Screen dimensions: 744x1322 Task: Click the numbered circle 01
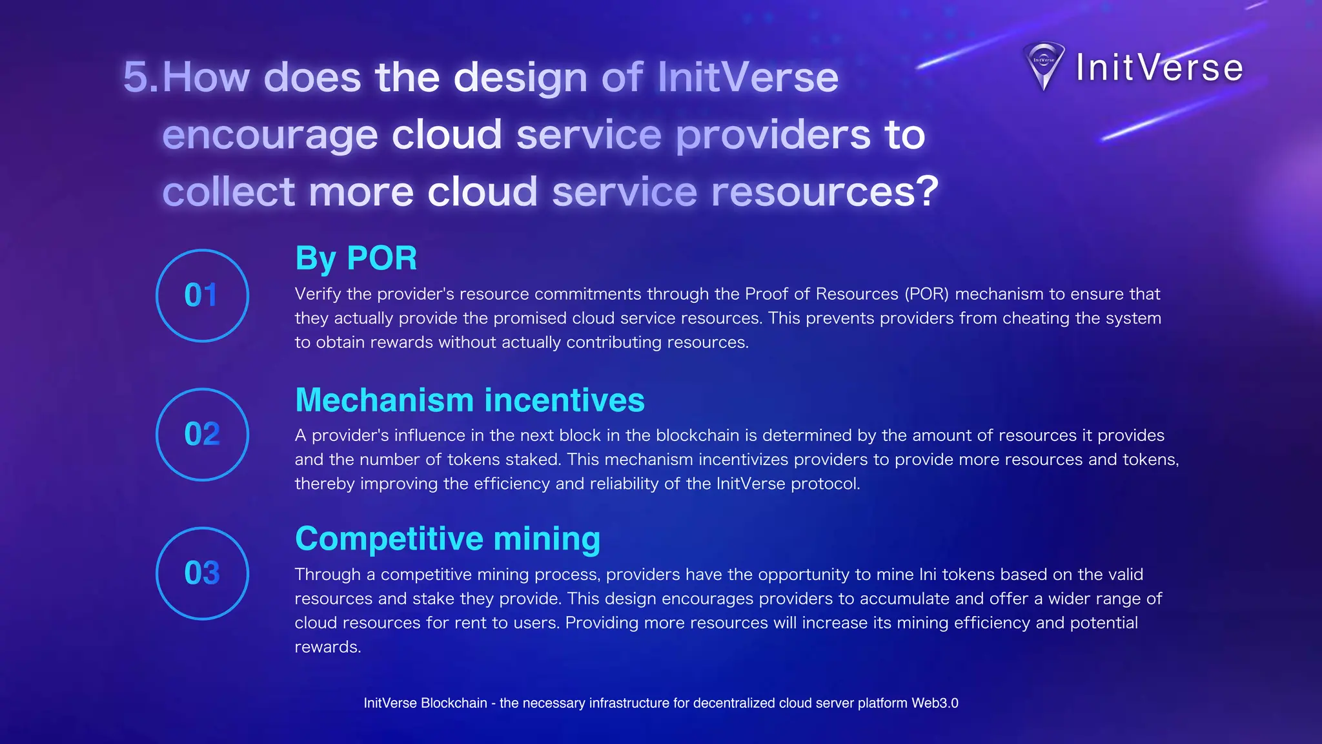(x=202, y=295)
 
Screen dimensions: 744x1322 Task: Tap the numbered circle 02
(x=202, y=434)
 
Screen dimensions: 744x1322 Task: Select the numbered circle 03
(x=202, y=573)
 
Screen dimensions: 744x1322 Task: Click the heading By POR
(x=356, y=258)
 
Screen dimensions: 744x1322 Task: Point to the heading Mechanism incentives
(x=469, y=400)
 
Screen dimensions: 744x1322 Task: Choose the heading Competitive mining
(x=447, y=539)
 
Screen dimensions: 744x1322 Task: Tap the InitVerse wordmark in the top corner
(x=1159, y=68)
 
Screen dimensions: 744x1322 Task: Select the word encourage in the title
(x=269, y=135)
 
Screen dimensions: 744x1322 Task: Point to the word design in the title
(x=520, y=77)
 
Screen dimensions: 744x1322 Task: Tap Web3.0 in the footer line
(x=934, y=703)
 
